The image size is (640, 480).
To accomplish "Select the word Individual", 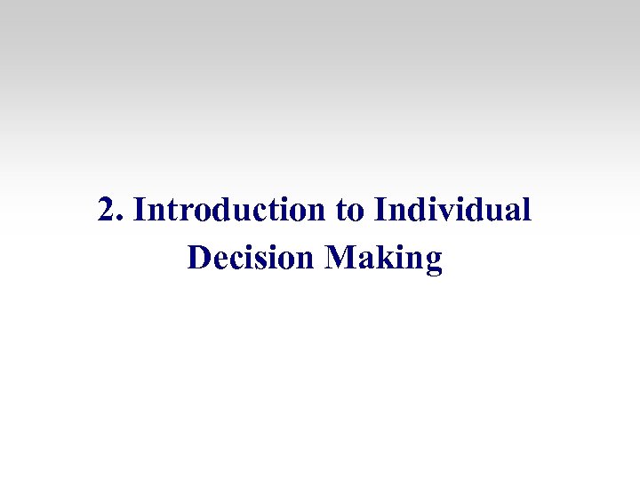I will pyautogui.click(x=453, y=211).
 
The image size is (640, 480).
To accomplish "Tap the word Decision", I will pyautogui.click(x=252, y=258).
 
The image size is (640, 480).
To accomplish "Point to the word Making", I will pyautogui.click(x=384, y=259).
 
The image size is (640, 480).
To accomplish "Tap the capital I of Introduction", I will pyautogui.click(x=140, y=211).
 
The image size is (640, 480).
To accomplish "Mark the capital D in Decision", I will pyautogui.click(x=200, y=258).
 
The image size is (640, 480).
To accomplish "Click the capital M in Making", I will pyautogui.click(x=340, y=258).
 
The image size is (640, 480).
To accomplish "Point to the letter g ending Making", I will pyautogui.click(x=433, y=261).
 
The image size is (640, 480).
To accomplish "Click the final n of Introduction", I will pyautogui.click(x=316, y=213).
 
